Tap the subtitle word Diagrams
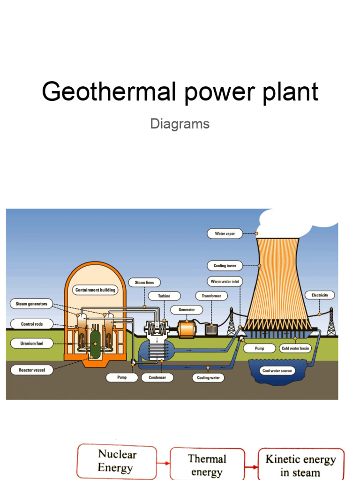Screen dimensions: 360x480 pyautogui.click(x=180, y=124)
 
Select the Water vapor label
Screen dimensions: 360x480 pyautogui.click(x=225, y=233)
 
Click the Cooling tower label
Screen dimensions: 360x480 pyautogui.click(x=225, y=266)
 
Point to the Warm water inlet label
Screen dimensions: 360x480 pyautogui.click(x=225, y=282)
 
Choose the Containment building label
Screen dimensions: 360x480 pyautogui.click(x=95, y=290)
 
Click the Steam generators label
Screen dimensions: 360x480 pyautogui.click(x=31, y=304)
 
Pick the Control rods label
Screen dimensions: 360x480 pyautogui.click(x=31, y=324)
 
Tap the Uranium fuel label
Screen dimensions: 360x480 pyautogui.click(x=31, y=344)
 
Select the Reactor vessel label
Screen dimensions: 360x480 pyautogui.click(x=31, y=370)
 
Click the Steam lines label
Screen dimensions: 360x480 pyautogui.click(x=144, y=283)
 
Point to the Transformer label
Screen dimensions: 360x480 pyautogui.click(x=211, y=296)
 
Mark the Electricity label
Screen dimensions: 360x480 pyautogui.click(x=320, y=295)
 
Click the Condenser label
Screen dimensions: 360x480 pyautogui.click(x=157, y=377)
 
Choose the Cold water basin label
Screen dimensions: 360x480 pyautogui.click(x=295, y=349)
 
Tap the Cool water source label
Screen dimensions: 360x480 pyautogui.click(x=277, y=371)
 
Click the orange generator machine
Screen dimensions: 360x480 pyautogui.click(x=186, y=329)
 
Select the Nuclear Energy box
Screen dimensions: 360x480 pyautogui.click(x=117, y=461)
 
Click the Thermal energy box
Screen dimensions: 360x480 pyautogui.click(x=207, y=465)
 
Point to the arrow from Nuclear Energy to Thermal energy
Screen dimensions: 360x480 pyautogui.click(x=163, y=464)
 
